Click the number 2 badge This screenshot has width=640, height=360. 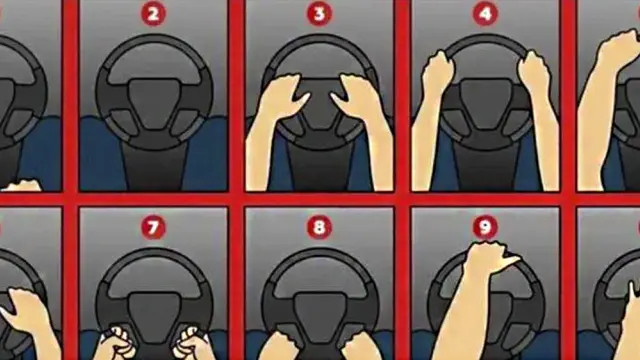[153, 14]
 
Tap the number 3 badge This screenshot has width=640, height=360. [319, 14]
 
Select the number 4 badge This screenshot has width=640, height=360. [485, 14]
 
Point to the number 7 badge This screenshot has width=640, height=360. [153, 227]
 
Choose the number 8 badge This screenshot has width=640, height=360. [319, 227]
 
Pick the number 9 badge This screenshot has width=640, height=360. [485, 227]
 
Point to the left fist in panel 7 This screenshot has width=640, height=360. [118, 343]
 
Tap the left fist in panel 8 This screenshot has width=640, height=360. [278, 346]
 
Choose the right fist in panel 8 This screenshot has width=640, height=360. [360, 346]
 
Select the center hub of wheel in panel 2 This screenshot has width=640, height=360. [153, 104]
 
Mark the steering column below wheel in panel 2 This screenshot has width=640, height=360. [154, 167]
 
